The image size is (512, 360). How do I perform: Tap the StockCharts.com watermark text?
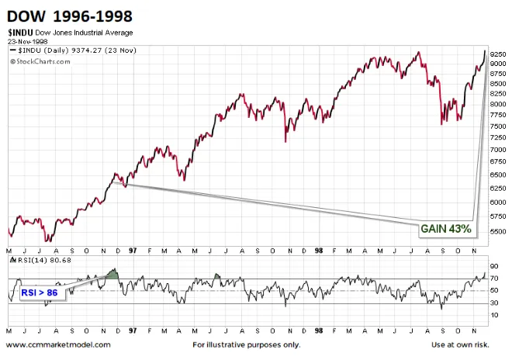pos(40,60)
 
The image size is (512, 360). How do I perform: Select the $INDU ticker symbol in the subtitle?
pos(22,33)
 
